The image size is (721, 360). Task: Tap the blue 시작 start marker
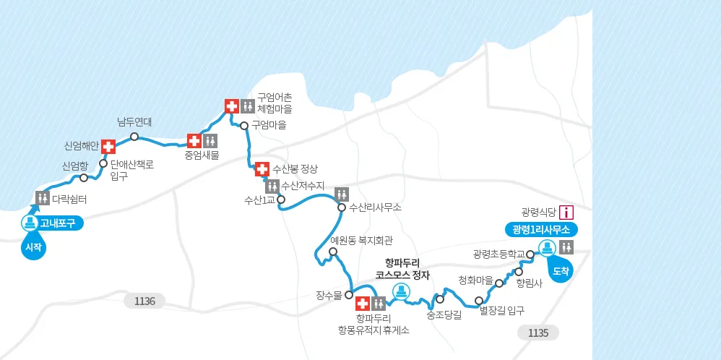32,248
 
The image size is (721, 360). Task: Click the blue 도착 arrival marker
561,273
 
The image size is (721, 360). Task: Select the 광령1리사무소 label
541,229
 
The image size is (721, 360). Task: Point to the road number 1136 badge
144,301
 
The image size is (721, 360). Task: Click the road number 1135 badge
538,333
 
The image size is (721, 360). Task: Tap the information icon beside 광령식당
567,212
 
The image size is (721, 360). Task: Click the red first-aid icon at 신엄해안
108,147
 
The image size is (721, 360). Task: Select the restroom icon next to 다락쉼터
43,197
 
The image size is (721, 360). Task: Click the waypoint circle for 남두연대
134,136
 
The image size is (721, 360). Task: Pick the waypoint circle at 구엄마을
244,125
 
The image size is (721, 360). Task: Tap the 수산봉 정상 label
294,169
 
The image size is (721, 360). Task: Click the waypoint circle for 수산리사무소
342,207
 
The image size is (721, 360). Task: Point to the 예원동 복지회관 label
361,241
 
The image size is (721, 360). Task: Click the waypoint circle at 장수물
348,295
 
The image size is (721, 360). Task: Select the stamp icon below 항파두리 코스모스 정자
400,291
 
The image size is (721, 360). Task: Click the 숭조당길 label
444,314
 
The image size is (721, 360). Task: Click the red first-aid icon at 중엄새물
194,140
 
